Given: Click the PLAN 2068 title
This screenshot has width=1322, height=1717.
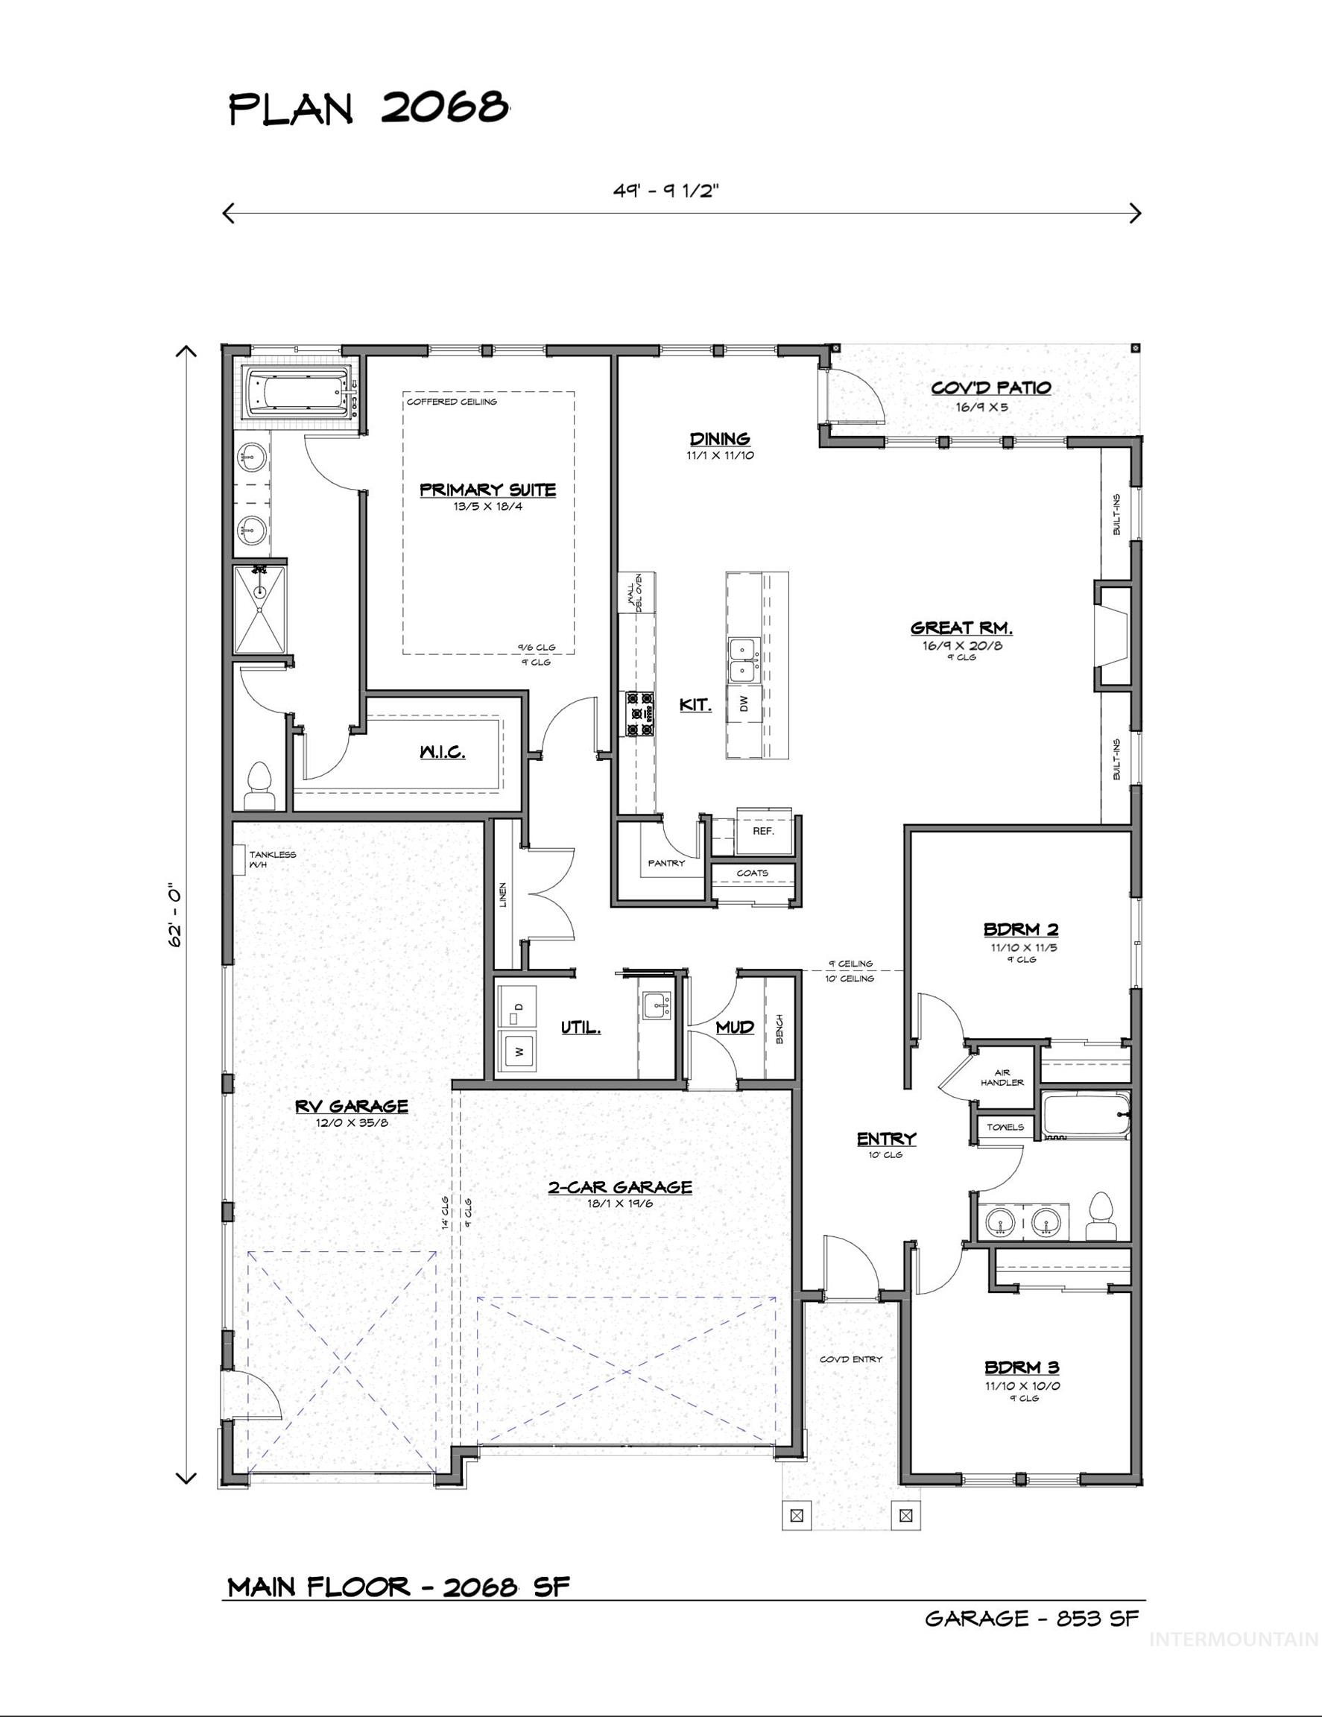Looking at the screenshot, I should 369,108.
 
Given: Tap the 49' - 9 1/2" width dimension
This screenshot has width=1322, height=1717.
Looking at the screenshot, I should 666,191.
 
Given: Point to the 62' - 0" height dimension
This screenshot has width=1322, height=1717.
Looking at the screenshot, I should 174,916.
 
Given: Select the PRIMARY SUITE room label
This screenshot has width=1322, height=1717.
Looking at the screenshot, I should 487,490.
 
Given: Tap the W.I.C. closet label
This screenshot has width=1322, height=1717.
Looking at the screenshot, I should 442,752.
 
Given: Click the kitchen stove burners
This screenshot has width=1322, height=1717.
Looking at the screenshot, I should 640,713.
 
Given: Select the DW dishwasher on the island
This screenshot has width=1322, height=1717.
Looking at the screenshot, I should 744,702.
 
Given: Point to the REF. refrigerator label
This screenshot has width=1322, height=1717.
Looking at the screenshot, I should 763,830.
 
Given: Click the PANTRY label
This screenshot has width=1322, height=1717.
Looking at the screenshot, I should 665,862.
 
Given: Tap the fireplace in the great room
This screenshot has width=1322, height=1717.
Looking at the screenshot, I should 1111,635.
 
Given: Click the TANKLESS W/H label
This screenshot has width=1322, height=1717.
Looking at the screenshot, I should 272,859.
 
